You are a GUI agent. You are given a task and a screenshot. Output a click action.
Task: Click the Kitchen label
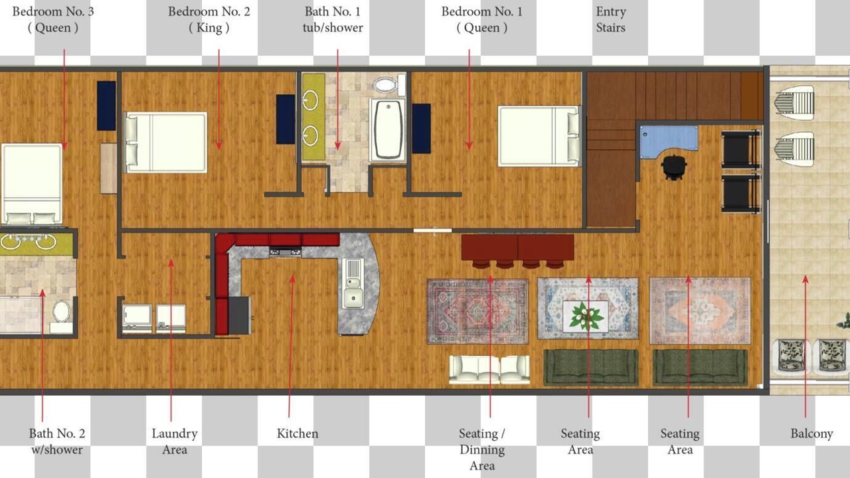click(x=297, y=434)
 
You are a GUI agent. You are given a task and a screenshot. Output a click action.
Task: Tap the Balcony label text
click(x=811, y=434)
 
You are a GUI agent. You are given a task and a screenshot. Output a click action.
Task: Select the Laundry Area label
click(x=175, y=441)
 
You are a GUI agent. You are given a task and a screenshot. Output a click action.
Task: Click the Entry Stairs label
click(x=610, y=19)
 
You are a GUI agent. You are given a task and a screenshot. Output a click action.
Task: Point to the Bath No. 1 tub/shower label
click(x=333, y=19)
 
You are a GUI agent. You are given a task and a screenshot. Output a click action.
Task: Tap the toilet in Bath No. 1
click(x=389, y=84)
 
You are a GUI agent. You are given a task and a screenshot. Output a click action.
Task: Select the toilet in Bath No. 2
click(x=62, y=315)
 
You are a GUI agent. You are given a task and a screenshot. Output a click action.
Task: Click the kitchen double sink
click(x=353, y=283)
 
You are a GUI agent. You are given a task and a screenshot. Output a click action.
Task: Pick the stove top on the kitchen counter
click(x=285, y=252)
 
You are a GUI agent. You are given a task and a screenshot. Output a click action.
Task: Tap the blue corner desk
click(x=669, y=141)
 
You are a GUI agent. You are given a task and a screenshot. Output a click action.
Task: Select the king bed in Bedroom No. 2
click(x=166, y=142)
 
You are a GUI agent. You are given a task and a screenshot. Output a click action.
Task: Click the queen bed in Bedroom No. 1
click(x=539, y=136)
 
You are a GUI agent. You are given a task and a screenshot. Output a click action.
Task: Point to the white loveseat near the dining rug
click(x=489, y=370)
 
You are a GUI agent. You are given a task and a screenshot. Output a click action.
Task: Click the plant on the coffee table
click(x=586, y=315)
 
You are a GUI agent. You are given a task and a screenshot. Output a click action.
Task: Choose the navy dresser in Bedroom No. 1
click(x=422, y=129)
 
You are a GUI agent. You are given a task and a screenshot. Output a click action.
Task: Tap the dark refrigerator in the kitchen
click(x=240, y=315)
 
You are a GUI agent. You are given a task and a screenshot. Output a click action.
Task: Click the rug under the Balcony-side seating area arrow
click(x=700, y=311)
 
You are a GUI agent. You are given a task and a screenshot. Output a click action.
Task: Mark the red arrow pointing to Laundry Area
click(x=171, y=340)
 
